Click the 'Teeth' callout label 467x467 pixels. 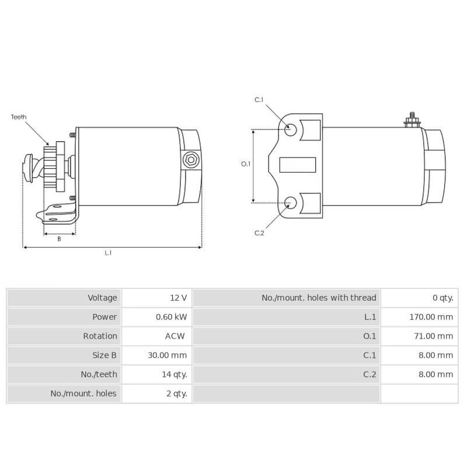pos(19,117)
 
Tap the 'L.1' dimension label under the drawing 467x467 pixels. pos(108,253)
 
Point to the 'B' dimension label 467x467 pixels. pos(59,239)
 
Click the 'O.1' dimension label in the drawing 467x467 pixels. pos(246,164)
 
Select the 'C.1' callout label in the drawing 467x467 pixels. pos(259,100)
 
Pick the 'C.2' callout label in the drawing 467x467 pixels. pos(259,233)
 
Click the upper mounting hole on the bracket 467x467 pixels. pos(291,129)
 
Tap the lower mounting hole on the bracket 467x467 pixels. pos(291,203)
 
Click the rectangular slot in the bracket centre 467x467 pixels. pos(298,165)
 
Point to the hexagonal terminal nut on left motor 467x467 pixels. pos(190,159)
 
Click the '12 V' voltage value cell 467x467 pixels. pos(178,298)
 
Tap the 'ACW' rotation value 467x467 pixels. pos(175,336)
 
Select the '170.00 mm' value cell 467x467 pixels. pos(431,317)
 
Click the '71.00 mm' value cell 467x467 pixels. pos(433,336)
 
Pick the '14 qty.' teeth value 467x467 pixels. pos(175,374)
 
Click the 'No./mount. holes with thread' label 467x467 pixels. pos(319,298)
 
